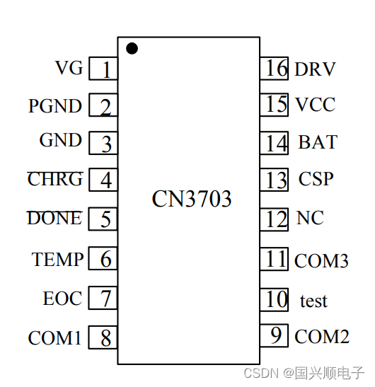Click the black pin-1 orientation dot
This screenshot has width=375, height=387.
coord(132,48)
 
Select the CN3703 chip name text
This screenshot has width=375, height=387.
coord(192,200)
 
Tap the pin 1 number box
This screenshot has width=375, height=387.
coord(103,69)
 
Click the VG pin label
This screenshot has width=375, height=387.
coord(69,68)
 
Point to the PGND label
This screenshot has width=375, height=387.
coord(55,107)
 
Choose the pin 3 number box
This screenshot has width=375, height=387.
coord(103,144)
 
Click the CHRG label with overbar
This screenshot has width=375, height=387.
coord(55,180)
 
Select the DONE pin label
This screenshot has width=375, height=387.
coord(54,219)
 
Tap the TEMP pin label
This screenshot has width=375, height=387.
coord(57,260)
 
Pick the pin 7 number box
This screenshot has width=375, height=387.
coord(103,299)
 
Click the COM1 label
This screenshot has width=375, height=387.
coord(54,338)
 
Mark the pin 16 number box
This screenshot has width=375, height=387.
coord(275,69)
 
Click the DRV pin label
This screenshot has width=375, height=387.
coord(315,69)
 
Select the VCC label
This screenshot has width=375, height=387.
coord(315,105)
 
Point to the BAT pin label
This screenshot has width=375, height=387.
coord(317,142)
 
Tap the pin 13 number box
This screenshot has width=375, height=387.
coord(275,180)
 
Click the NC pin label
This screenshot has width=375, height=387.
coord(310,219)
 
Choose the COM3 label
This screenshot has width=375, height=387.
coord(321,261)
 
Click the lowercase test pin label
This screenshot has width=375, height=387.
coord(313,301)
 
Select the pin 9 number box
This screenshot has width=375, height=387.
coord(275,335)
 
